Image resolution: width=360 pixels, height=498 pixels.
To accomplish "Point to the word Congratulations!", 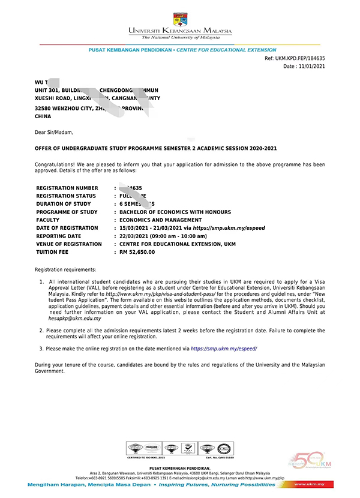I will [56, 164].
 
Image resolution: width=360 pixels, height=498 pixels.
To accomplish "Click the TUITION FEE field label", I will [56, 252].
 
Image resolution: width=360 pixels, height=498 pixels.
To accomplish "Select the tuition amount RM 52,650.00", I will [137, 252].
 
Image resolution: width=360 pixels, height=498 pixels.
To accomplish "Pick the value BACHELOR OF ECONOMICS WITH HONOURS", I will [175, 212].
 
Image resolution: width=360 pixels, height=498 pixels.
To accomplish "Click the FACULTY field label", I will [49, 220].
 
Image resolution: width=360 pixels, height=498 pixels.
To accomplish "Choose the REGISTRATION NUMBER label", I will [67, 188].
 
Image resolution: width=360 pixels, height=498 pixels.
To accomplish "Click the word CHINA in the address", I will [44, 116].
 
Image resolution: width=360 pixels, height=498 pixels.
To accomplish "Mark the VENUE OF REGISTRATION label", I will [69, 244].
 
